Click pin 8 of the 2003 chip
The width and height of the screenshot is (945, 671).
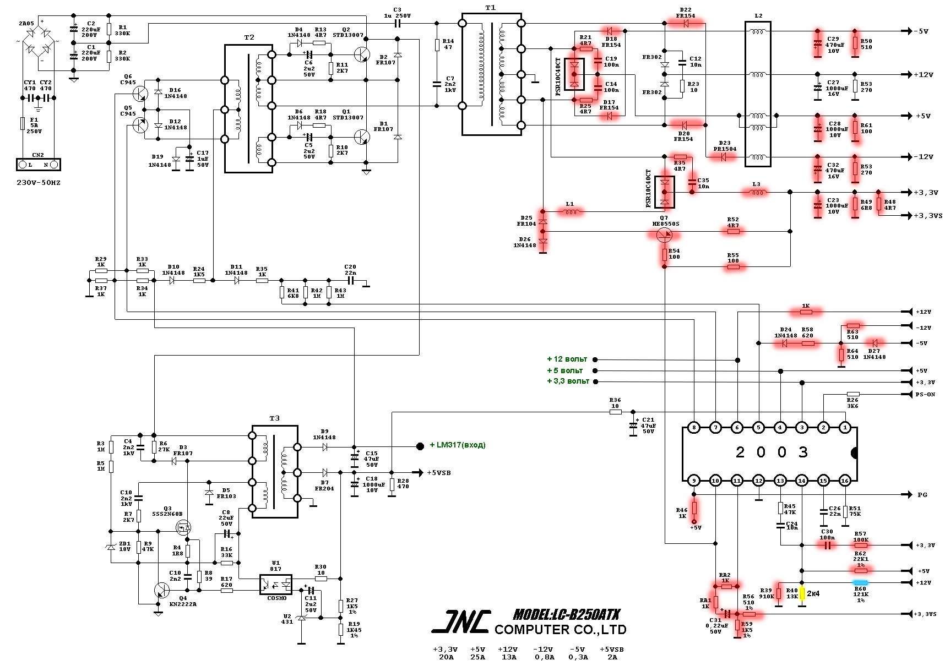coord(694,428)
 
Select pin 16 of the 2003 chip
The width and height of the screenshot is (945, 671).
coord(845,481)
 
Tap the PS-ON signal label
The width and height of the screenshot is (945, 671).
coord(925,394)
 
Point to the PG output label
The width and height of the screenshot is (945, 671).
coord(922,495)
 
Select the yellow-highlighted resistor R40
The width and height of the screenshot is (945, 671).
coord(802,593)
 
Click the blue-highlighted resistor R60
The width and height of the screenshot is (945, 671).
coord(860,582)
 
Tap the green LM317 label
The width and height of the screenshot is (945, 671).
coord(457,445)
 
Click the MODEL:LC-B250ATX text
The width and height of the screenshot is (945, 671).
coord(566,614)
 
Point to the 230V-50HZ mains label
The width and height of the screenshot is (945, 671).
coord(39,182)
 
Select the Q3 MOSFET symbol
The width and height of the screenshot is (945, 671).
coord(183,528)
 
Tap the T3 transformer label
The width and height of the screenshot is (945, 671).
coord(274,418)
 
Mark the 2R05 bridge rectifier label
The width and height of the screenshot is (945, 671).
coord(25,24)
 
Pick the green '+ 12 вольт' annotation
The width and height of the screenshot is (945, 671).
coord(567,359)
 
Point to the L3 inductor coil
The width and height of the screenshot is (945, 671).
coord(756,192)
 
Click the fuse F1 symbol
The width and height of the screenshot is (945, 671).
coord(23,123)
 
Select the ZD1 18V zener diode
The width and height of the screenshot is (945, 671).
coord(111,547)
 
